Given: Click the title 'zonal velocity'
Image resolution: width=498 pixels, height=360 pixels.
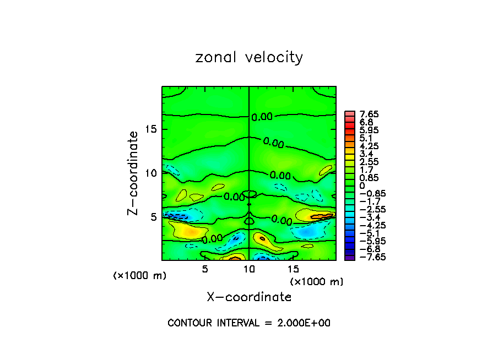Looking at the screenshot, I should [x=249, y=57].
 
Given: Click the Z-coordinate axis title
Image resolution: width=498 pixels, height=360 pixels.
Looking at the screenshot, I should [x=133, y=172].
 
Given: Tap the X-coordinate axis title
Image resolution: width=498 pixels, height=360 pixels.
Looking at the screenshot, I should [x=249, y=297].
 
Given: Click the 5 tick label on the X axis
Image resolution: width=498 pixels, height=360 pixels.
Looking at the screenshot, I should [x=205, y=269].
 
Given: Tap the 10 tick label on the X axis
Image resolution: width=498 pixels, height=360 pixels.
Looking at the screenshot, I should [x=249, y=269].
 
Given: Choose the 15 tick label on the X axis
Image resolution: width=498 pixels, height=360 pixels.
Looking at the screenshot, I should [x=293, y=269].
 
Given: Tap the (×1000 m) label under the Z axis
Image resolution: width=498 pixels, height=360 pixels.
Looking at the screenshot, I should [x=140, y=276].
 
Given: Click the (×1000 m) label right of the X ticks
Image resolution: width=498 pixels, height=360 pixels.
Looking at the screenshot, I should [x=317, y=282].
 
